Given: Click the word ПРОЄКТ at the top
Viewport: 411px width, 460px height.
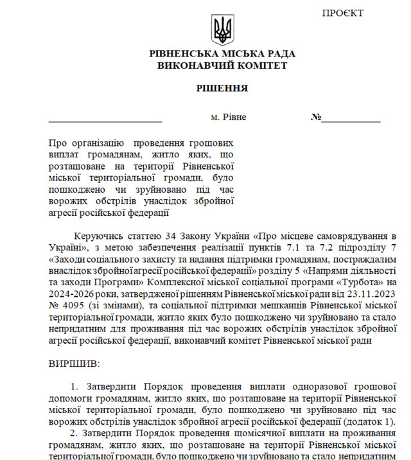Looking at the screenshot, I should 343,13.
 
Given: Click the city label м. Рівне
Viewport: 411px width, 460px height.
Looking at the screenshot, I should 229,118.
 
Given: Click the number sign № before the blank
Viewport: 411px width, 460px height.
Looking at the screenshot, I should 316,118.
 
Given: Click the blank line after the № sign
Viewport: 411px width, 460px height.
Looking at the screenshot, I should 351,120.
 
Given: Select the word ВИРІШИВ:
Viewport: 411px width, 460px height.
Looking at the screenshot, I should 74,364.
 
